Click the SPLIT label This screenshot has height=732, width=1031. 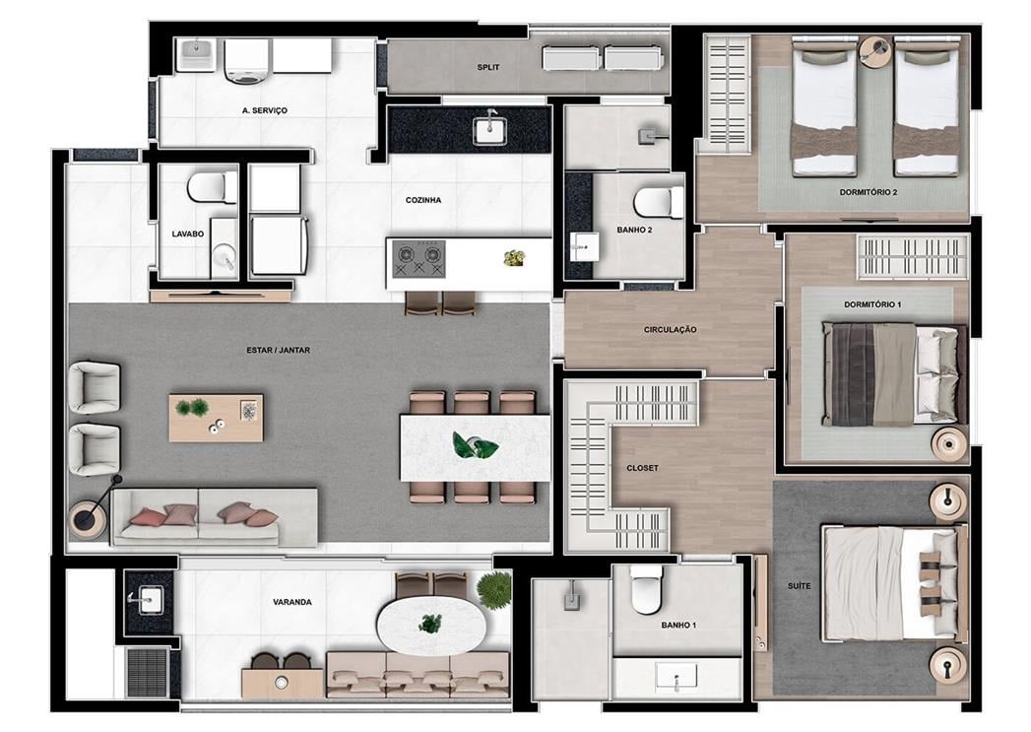point(488,67)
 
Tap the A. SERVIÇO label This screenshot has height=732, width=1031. point(264,110)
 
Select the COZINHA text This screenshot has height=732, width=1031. point(423,200)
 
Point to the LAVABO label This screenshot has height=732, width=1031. point(187,234)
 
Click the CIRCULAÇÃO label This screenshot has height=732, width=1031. point(670,329)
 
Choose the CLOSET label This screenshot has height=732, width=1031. point(642,468)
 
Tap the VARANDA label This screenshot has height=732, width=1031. point(292,602)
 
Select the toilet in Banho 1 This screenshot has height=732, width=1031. point(646,588)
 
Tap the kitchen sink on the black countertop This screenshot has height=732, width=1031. point(489,129)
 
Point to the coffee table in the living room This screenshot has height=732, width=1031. point(216,418)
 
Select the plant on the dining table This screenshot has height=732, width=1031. point(475,446)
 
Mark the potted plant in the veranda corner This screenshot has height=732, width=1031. point(494,589)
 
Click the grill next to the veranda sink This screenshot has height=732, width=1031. point(149,673)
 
